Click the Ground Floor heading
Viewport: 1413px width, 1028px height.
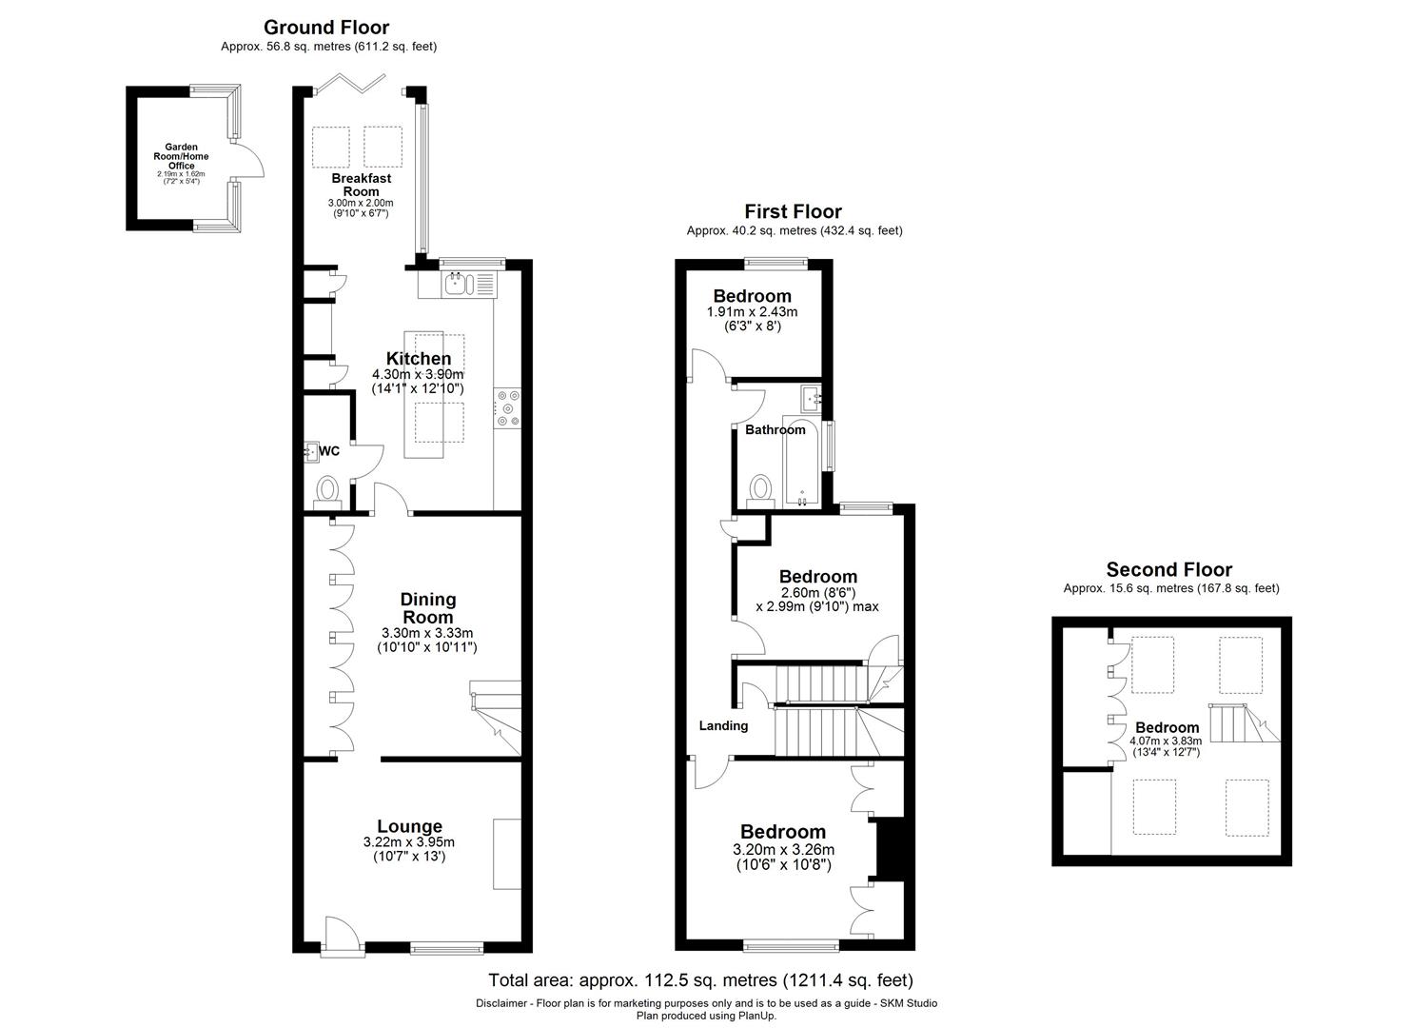pyautogui.click(x=326, y=27)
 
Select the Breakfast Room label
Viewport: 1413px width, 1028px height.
pyautogui.click(x=362, y=185)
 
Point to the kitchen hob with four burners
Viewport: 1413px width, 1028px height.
pyautogui.click(x=507, y=407)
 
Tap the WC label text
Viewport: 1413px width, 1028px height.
pyautogui.click(x=329, y=451)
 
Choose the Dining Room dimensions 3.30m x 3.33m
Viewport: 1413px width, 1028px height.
pyautogui.click(x=427, y=633)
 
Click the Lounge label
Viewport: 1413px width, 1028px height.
pyautogui.click(x=409, y=826)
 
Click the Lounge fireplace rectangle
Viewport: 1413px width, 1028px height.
pyautogui.click(x=506, y=853)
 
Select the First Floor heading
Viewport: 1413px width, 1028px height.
pyautogui.click(x=793, y=211)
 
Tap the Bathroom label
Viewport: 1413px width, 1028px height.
pyautogui.click(x=775, y=430)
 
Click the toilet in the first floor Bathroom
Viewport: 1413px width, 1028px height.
pyautogui.click(x=759, y=489)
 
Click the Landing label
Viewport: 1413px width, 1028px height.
pyautogui.click(x=723, y=725)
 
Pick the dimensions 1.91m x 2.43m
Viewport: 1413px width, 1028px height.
pyautogui.click(x=752, y=312)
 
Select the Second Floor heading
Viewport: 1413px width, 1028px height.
pyautogui.click(x=1168, y=570)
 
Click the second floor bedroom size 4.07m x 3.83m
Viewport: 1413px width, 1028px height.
pyautogui.click(x=1166, y=741)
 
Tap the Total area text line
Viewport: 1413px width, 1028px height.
pyautogui.click(x=700, y=979)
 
